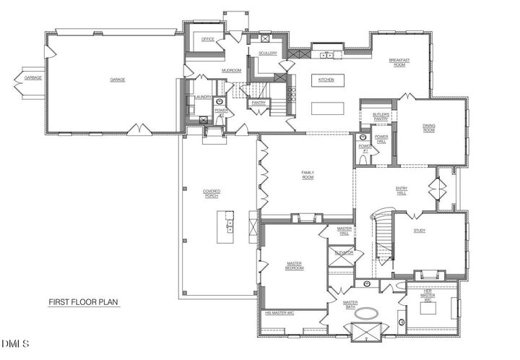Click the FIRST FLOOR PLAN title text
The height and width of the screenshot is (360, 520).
[84, 302]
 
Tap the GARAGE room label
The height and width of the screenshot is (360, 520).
[117, 79]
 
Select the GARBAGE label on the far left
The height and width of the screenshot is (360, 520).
[32, 77]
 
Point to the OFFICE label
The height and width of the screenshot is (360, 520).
[208, 39]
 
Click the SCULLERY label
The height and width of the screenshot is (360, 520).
[267, 53]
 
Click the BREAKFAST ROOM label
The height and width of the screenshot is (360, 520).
[399, 62]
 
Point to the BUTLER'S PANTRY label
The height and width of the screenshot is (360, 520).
[381, 116]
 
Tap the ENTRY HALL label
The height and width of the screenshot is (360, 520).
[402, 190]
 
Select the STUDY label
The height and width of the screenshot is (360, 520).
[420, 231]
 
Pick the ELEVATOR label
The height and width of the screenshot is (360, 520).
[343, 252]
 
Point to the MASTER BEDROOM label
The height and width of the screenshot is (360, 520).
[294, 265]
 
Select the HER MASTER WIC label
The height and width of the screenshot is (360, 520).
[428, 296]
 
